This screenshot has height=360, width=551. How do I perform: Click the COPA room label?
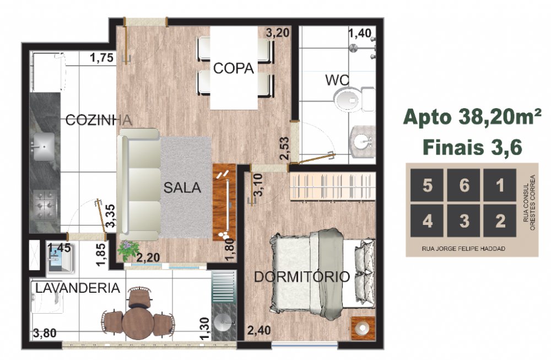click(233, 68)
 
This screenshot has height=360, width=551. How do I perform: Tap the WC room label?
click(337, 80)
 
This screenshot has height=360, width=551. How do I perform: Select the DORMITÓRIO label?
click(302, 277)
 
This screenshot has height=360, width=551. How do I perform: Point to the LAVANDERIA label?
click(78, 288)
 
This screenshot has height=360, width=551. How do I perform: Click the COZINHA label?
click(99, 120)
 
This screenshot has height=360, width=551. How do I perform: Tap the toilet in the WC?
click(354, 99)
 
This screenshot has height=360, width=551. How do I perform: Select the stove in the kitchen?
click(45, 205)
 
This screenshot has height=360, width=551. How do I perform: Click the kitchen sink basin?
click(44, 147)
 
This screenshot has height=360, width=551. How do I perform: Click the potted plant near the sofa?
click(128, 250)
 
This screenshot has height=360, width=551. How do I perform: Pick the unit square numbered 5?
click(427, 185)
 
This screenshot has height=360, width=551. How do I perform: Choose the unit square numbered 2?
click(500, 221)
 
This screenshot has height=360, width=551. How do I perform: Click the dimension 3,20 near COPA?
click(278, 33)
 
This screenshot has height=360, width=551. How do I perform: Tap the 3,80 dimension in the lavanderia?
click(45, 332)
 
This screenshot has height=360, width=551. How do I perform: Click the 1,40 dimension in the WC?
click(360, 33)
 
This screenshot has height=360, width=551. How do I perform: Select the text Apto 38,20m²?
click(472, 117)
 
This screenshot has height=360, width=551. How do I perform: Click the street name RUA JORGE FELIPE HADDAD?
click(463, 249)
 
